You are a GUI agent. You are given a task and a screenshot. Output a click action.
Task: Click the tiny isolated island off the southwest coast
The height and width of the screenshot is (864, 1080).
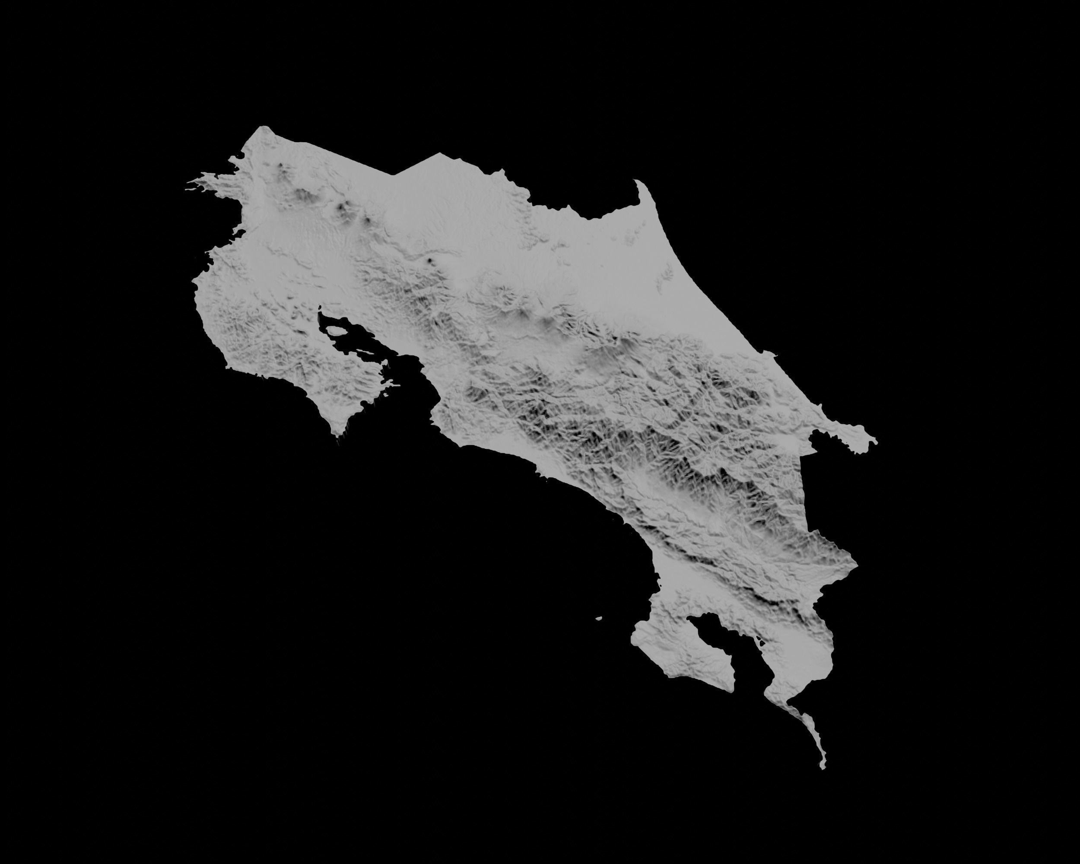pyautogui.click(x=598, y=618)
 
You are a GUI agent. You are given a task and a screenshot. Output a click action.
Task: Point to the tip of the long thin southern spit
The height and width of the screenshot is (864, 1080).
pyautogui.click(x=822, y=767)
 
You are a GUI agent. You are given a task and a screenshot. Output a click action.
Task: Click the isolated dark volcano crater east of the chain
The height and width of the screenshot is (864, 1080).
pyautogui.click(x=430, y=260)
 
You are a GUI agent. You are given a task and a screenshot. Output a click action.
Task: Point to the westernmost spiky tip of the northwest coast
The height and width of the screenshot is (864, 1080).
pyautogui.click(x=186, y=190)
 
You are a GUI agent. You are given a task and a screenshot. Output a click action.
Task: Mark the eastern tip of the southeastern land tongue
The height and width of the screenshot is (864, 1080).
pyautogui.click(x=876, y=441)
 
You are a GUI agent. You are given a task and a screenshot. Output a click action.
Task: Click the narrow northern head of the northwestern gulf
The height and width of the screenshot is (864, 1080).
pyautogui.click(x=319, y=315)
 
